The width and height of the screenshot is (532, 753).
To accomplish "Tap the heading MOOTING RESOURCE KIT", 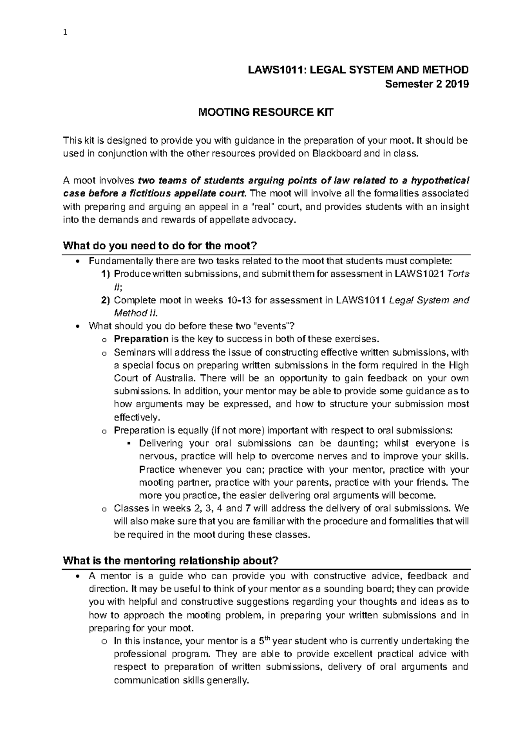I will pyautogui.click(x=265, y=113).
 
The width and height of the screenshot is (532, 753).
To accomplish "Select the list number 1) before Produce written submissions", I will pyautogui.click(x=106, y=275).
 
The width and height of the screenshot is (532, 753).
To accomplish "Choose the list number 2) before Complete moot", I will pyautogui.click(x=106, y=301).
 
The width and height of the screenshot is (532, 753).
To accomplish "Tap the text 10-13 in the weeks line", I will pyautogui.click(x=240, y=301).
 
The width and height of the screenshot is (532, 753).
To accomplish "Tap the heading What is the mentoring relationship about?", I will pyautogui.click(x=171, y=561).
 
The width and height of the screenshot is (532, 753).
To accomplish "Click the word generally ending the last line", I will pyautogui.click(x=227, y=681).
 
